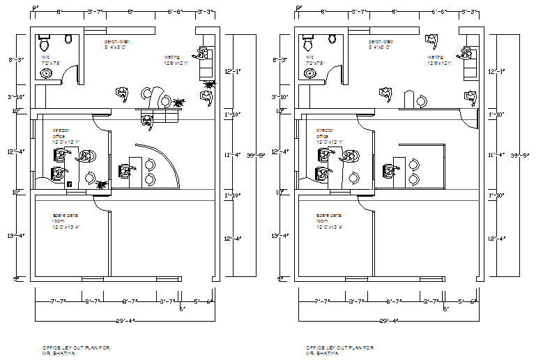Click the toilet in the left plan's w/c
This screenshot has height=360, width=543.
click(45, 41)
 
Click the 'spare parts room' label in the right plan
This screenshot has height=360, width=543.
click(330, 221)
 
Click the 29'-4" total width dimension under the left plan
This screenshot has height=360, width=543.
click(125, 322)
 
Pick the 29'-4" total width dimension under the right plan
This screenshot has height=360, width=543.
click(388, 322)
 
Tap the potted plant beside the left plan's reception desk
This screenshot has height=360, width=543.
click(181, 103)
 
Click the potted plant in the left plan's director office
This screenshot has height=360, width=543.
click(102, 185)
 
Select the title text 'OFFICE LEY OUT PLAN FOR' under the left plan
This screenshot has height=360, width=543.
click(76, 347)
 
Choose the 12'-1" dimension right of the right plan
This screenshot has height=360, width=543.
click(495, 71)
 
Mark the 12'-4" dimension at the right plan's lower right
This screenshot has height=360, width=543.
click(495, 239)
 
